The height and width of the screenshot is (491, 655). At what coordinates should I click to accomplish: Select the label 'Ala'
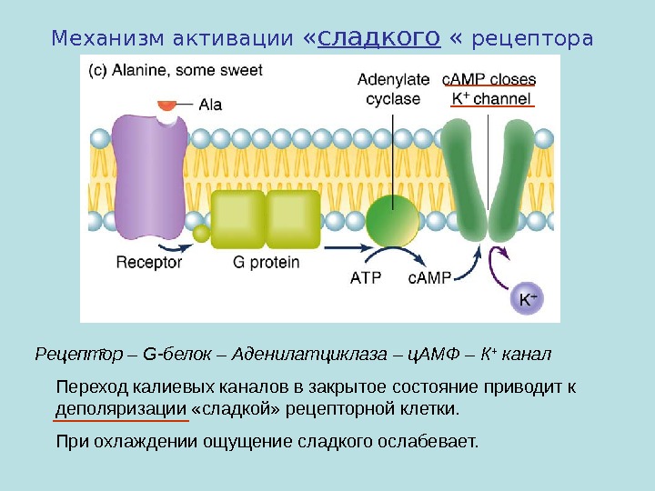tap(210, 105)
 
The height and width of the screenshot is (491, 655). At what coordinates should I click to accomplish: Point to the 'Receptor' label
tap(149, 263)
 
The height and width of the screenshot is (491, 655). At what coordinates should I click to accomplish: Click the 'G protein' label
tap(266, 263)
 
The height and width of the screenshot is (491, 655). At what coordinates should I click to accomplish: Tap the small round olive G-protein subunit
tap(201, 234)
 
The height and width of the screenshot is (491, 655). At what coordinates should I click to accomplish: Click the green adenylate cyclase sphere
tap(394, 219)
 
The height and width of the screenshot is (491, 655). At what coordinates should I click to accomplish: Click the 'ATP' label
tap(367, 278)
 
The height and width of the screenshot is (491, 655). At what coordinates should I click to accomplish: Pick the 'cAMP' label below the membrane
tap(429, 278)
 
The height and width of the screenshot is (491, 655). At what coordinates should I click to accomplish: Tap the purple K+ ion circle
tap(527, 298)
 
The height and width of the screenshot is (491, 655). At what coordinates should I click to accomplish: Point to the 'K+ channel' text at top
tap(492, 97)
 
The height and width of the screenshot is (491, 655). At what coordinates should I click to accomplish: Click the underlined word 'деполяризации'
tap(121, 408)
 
